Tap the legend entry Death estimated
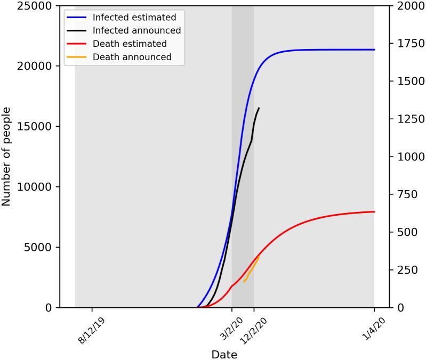point(130,44)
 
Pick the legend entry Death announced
point(132,56)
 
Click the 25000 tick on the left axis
point(37,6)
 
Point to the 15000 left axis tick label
point(37,127)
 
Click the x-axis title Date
point(224,354)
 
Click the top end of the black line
point(259,108)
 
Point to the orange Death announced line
point(251,269)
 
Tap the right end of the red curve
point(374,211)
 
